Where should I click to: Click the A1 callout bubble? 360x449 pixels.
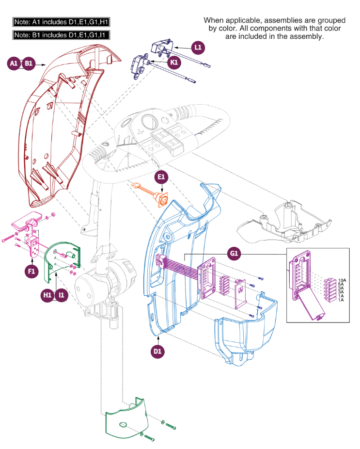(15, 64)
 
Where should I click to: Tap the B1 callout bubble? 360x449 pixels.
(29, 64)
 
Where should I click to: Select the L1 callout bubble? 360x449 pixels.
(198, 48)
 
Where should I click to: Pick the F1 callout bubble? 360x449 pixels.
(31, 272)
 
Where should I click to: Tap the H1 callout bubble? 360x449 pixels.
(47, 295)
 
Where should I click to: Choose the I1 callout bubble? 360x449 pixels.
(62, 295)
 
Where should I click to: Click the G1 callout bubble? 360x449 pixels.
(235, 254)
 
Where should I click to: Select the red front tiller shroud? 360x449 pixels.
(63, 126)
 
